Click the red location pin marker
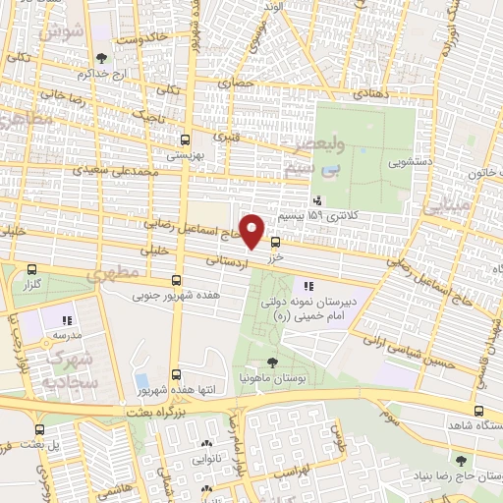pyautogui.click(x=253, y=232)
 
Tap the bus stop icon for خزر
pyautogui.click(x=275, y=241)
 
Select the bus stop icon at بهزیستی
pyautogui.click(x=186, y=139)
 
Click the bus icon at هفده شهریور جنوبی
pyautogui.click(x=177, y=279)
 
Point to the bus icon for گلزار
pyautogui.click(x=32, y=269)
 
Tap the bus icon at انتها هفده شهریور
pyautogui.click(x=177, y=374)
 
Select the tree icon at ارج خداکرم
pyautogui.click(x=104, y=58)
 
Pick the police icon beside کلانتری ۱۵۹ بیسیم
pyautogui.click(x=315, y=199)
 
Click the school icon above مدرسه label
pyautogui.click(x=67, y=320)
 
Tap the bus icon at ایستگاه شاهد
pyautogui.click(x=478, y=411)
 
